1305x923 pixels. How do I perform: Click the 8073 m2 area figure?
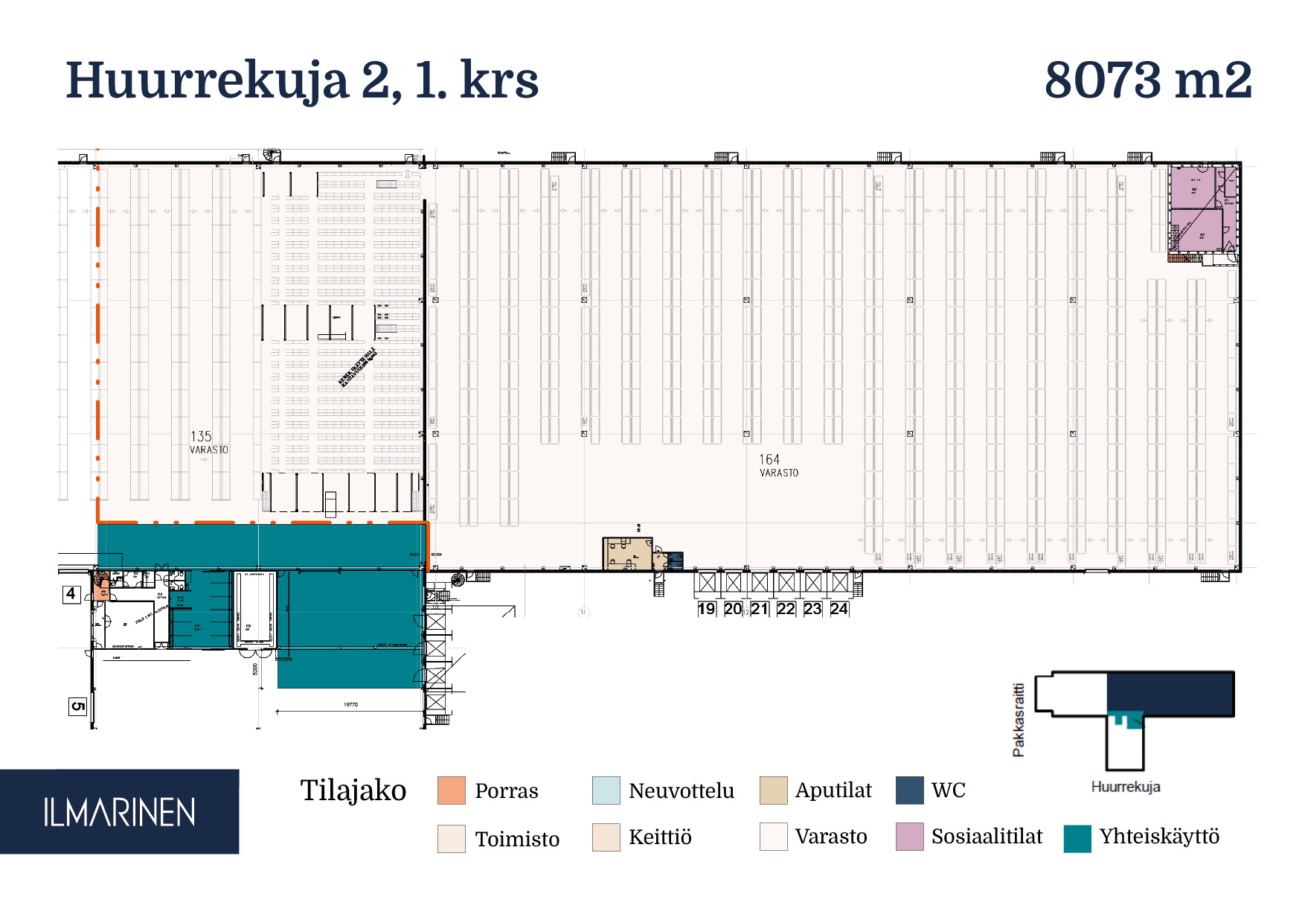point(1147,80)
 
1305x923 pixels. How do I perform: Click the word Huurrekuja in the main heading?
point(207,80)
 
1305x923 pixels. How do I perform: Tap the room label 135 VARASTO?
point(208,442)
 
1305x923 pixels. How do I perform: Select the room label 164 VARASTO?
point(777,465)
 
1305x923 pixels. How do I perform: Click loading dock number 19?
point(706,609)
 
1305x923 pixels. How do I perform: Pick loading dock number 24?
point(839,609)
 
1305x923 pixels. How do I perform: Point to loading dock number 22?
point(786,609)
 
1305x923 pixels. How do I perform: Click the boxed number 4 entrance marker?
point(71,594)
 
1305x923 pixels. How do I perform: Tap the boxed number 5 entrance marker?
point(77,706)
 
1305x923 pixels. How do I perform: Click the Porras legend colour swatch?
point(452,791)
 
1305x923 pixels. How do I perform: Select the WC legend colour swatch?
point(909,791)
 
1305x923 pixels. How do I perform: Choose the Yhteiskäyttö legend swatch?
point(1077,838)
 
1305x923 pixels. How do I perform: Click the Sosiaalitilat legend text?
point(987,837)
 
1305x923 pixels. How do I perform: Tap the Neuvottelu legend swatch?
point(606,791)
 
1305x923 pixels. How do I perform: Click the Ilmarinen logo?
point(119,812)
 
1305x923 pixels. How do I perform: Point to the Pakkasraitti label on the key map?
point(1019,720)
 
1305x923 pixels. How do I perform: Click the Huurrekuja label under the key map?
point(1125,787)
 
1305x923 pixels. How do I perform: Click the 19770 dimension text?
point(350,704)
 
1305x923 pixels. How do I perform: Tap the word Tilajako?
point(353,791)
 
